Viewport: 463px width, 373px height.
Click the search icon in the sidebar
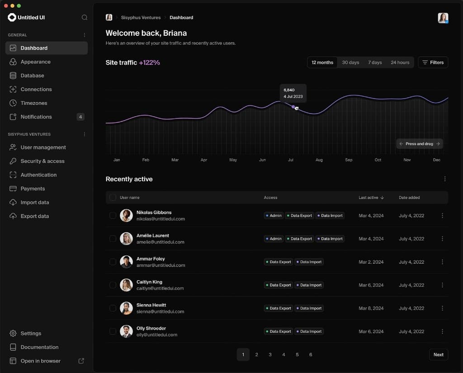coord(85,18)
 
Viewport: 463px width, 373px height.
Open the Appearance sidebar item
coord(35,62)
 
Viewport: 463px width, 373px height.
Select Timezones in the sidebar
coord(33,103)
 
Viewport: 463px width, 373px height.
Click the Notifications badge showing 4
coord(80,117)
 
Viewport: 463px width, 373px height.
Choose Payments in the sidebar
coord(33,189)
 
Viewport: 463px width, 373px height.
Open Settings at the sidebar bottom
coord(31,333)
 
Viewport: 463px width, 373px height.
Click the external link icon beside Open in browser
coord(81,361)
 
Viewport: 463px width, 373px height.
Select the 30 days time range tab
coord(350,62)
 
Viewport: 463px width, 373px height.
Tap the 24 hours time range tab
coord(400,62)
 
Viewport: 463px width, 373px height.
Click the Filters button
coord(433,62)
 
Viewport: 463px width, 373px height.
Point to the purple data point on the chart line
coord(293,107)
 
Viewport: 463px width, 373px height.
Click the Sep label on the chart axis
coord(349,160)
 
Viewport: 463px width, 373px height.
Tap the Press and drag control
coord(419,144)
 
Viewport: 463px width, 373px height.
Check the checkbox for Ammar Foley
coord(113,262)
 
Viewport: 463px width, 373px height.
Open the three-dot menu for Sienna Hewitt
coord(442,308)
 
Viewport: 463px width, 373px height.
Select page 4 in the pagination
coord(283,354)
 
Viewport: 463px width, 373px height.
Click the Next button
coord(438,354)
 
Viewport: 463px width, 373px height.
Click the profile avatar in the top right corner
coord(443,18)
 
